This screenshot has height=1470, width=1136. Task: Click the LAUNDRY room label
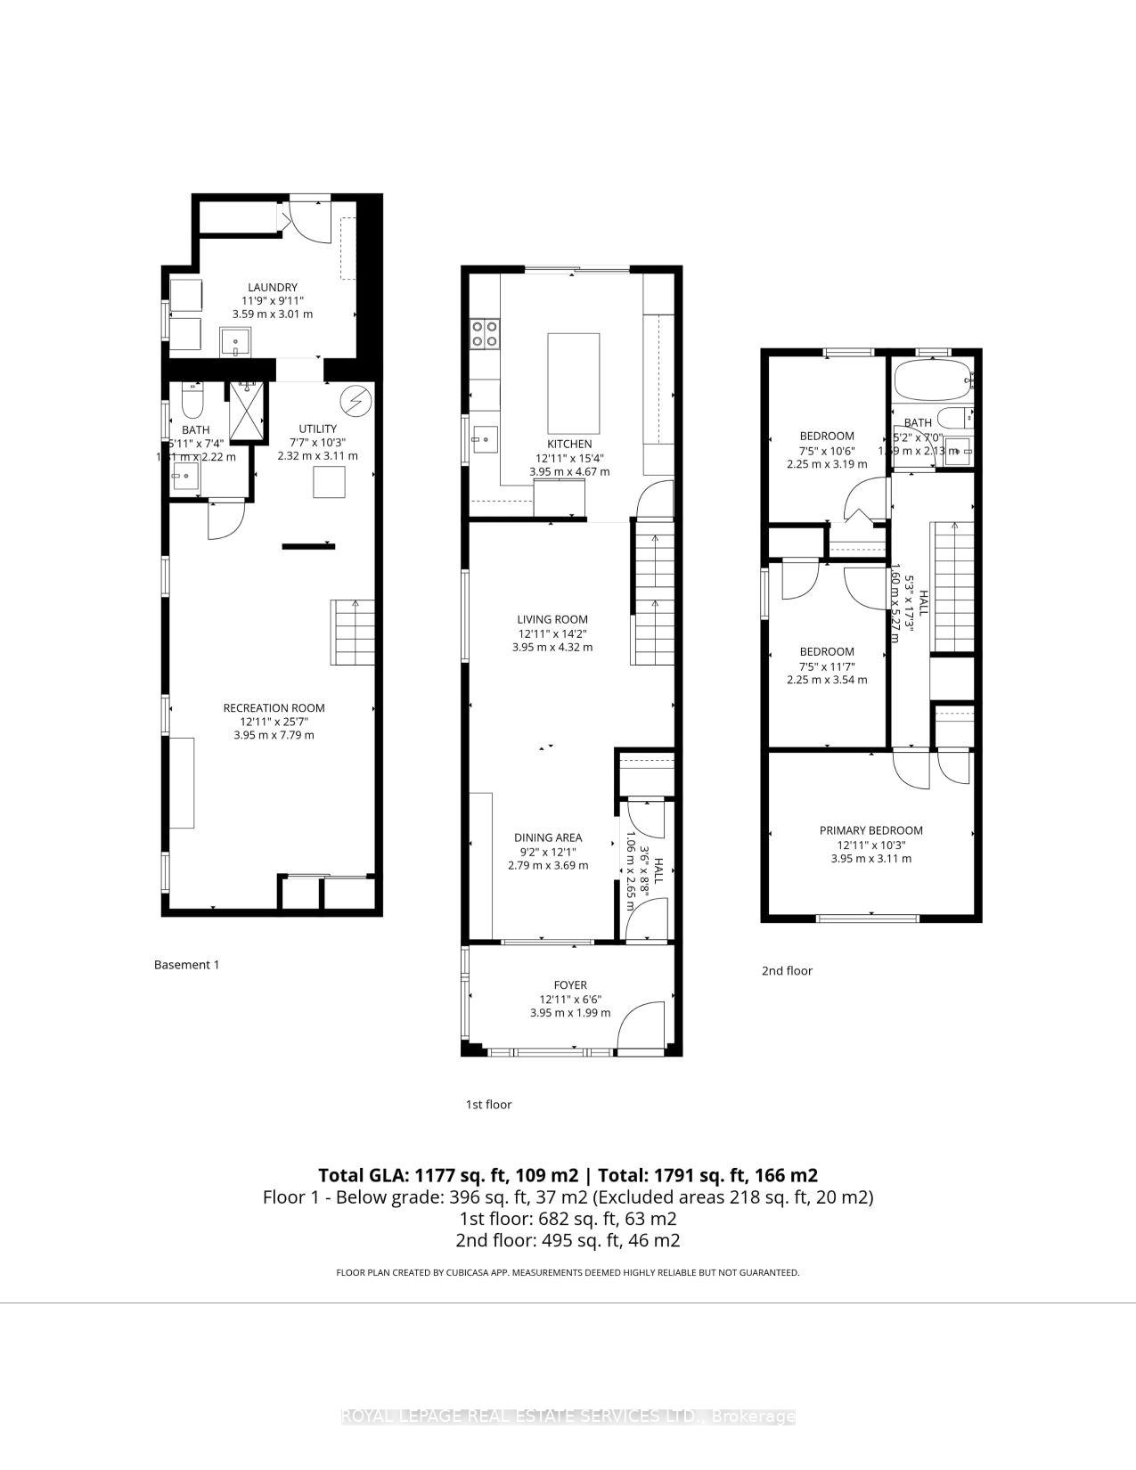[272, 288]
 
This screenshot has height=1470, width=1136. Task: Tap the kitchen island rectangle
[573, 383]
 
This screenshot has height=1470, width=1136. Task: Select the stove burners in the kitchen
[485, 333]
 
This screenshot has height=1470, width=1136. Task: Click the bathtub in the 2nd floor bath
[932, 381]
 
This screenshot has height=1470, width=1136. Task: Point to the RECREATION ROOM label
[274, 708]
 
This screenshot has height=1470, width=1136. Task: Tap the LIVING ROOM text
[552, 619]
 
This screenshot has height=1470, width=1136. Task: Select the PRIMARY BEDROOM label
[870, 830]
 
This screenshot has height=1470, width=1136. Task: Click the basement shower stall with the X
[247, 411]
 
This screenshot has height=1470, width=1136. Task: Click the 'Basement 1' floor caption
[186, 964]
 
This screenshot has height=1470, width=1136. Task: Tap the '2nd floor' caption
[787, 970]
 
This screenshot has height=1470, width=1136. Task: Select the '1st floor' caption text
[488, 1104]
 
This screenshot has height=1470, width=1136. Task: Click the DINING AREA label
[548, 837]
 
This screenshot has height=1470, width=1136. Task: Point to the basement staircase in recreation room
[353, 633]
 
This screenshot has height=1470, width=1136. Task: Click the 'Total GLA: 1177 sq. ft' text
[448, 1175]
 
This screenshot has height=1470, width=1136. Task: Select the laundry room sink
[236, 340]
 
